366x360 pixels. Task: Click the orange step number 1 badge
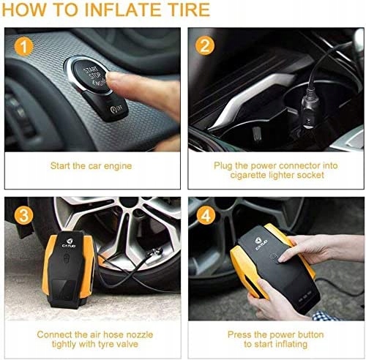pyautogui.click(x=24, y=47)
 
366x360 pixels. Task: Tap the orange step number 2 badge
pyautogui.click(x=205, y=45)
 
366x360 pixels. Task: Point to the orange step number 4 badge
pyautogui.click(x=206, y=215)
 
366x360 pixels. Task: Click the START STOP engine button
pyautogui.click(x=91, y=75)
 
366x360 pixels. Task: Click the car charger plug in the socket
pyautogui.click(x=310, y=111)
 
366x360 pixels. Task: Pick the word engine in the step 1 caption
pyautogui.click(x=118, y=167)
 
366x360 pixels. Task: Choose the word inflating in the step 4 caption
pyautogui.click(x=291, y=345)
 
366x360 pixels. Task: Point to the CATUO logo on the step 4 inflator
pyautogui.click(x=261, y=244)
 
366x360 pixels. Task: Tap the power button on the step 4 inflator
pyautogui.click(x=273, y=258)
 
